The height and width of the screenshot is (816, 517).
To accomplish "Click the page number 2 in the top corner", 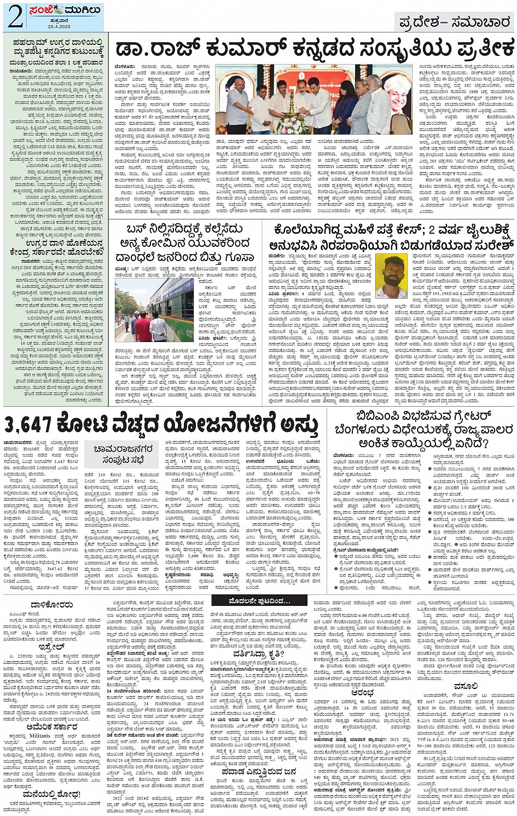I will click(15, 17).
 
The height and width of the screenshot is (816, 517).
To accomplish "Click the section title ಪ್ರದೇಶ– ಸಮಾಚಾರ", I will click(454, 22).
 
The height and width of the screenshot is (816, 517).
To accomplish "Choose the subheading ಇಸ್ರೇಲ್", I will click(52, 646).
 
